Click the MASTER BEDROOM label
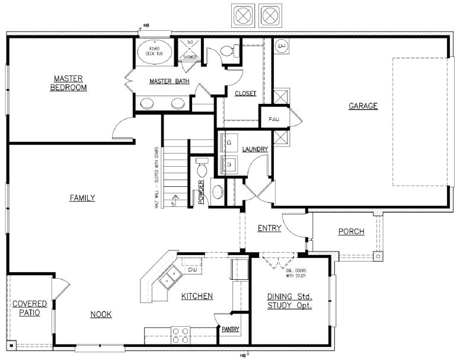pyautogui.click(x=68, y=83)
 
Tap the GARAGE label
pyautogui.click(x=363, y=106)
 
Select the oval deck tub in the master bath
pyautogui.click(x=155, y=51)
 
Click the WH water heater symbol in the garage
pyautogui.click(x=282, y=46)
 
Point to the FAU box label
pyautogui.click(x=274, y=119)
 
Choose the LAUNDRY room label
pyautogui.click(x=255, y=149)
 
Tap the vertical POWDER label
pyautogui.click(x=201, y=192)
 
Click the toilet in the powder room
pyautogui.click(x=202, y=163)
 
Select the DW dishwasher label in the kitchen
pyautogui.click(x=192, y=270)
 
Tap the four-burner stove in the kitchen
pyautogui.click(x=180, y=336)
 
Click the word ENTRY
pyautogui.click(x=269, y=228)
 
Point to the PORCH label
pyautogui.click(x=351, y=231)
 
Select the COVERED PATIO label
pyautogui.click(x=29, y=308)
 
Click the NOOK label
pyautogui.click(x=101, y=314)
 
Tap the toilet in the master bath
pyautogui.click(x=228, y=51)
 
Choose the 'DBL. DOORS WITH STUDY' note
pyautogui.click(x=295, y=273)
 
